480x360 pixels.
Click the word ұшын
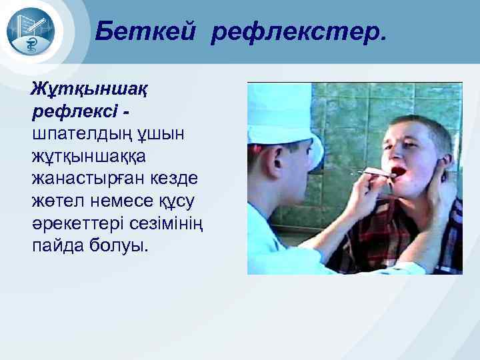[164, 134]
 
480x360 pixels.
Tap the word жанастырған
[81, 179]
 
